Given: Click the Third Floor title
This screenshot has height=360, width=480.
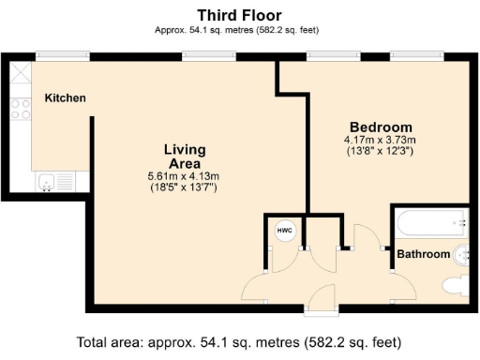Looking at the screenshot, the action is point(239,15).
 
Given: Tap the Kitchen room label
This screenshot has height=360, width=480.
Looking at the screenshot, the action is point(66,98).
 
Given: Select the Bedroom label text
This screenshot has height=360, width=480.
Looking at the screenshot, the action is point(381,127).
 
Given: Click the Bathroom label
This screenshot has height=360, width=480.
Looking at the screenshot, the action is point(424,254).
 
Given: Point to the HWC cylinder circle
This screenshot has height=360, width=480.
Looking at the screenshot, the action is point(285,231).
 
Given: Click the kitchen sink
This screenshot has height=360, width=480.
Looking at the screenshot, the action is point(46,182).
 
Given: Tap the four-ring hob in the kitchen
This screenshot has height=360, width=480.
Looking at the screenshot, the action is point(21,109).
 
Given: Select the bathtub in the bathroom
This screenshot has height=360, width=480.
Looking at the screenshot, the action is point(432,223).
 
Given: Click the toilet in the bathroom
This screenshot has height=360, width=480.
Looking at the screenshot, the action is point(456,285).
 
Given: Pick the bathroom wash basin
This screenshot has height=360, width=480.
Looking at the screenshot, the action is point(461,255).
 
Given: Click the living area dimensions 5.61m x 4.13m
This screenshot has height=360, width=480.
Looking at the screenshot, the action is point(184,176).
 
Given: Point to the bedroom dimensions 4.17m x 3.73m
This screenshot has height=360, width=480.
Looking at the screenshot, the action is point(380,140).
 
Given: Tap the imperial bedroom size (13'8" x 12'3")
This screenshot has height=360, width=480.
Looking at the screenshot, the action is point(381,151).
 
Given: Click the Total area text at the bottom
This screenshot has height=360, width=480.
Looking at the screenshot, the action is point(239,342).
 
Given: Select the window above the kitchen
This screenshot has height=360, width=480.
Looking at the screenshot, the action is point(63,56).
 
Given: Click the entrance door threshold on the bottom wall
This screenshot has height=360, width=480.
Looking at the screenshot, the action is point(321,311).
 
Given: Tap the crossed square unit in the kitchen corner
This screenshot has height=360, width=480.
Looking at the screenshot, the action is point(21,72).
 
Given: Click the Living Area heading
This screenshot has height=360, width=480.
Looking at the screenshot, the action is point(185,157).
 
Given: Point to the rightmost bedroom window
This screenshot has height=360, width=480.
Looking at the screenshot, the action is point(417,56).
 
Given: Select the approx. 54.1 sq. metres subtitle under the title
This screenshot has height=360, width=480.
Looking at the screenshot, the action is point(237,30).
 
